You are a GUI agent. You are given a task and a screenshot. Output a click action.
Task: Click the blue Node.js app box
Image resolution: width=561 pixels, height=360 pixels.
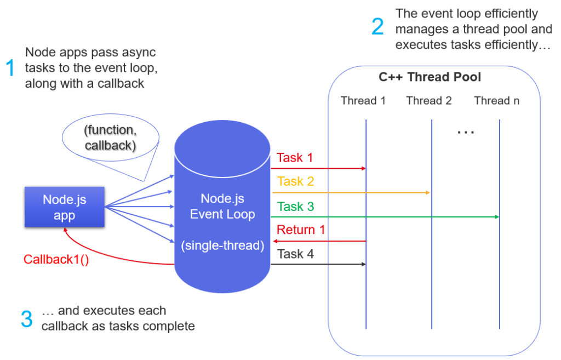(x=65, y=207)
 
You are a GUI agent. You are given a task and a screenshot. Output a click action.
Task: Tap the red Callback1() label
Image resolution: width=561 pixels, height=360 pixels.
(x=56, y=259)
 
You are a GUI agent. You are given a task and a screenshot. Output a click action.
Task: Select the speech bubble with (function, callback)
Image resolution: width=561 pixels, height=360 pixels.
(x=109, y=138)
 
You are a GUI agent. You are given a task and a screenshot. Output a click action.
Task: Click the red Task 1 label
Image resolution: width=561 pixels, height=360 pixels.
(x=295, y=158)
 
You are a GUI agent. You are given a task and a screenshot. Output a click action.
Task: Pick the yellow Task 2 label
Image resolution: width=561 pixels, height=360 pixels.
(x=296, y=181)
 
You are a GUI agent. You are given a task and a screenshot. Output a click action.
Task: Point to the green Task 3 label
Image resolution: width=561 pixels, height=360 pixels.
(x=296, y=207)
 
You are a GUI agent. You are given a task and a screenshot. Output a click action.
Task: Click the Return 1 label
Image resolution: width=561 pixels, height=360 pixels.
(x=301, y=230)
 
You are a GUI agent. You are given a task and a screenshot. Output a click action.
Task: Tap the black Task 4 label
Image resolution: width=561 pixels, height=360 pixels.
(x=296, y=254)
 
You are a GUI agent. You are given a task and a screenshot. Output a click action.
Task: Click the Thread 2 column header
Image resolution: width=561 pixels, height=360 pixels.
(x=429, y=101)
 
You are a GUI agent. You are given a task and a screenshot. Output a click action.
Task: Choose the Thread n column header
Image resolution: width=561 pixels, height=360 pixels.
(x=497, y=101)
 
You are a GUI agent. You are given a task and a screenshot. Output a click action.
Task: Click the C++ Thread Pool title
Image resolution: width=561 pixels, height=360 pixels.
(x=430, y=77)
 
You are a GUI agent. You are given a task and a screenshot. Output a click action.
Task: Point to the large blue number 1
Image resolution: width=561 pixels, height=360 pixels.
(x=10, y=68)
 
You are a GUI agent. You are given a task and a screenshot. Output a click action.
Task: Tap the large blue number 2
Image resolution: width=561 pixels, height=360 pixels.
(x=378, y=27)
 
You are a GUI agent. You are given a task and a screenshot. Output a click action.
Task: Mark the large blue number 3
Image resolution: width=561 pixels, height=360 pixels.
(x=26, y=319)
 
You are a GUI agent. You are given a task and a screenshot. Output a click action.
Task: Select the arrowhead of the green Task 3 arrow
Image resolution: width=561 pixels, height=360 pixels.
(x=497, y=217)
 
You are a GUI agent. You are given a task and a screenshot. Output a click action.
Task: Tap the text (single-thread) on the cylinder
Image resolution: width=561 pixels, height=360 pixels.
(x=222, y=246)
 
